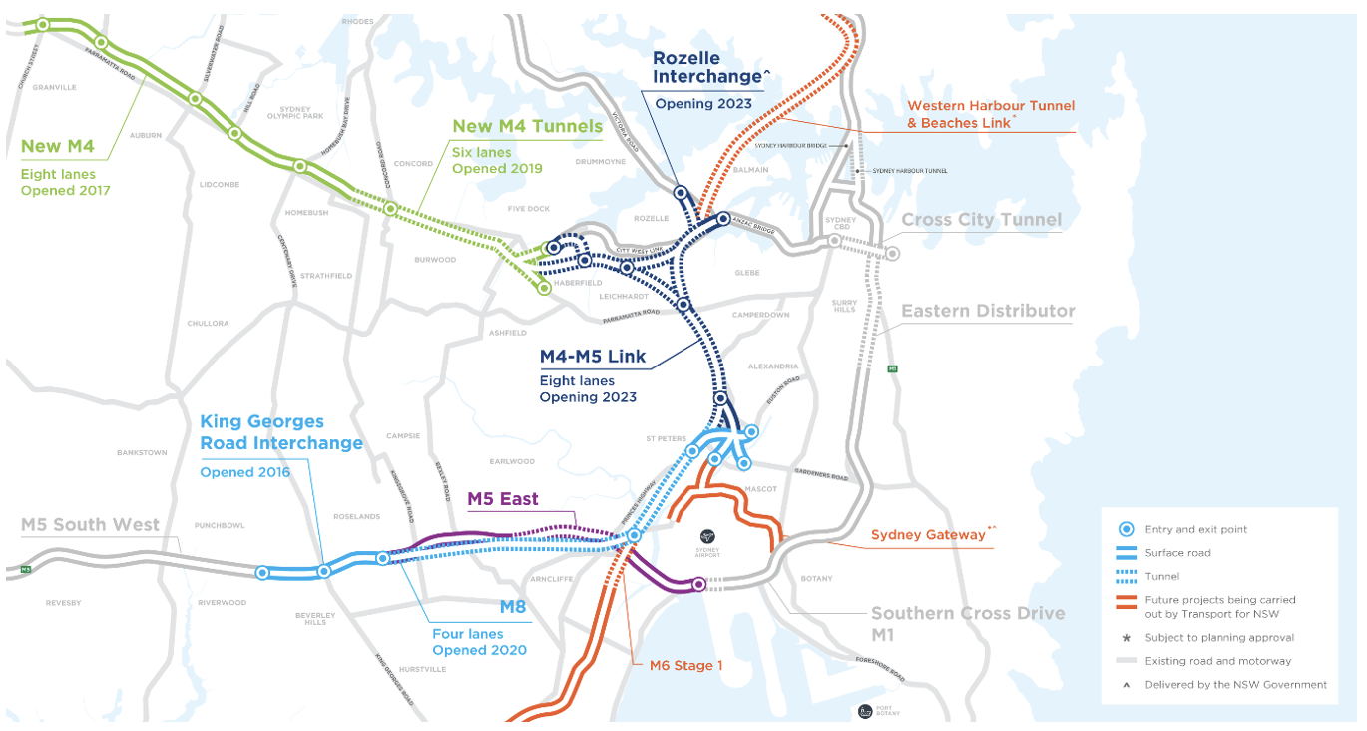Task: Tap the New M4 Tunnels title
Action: (527, 126)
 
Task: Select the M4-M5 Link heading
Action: (592, 357)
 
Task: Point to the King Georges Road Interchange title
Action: (281, 432)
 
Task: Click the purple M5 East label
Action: (503, 498)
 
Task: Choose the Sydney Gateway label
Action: (927, 535)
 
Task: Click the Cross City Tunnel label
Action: (981, 220)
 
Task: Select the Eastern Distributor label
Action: (987, 311)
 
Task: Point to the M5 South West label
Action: (90, 525)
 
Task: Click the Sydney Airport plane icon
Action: (707, 535)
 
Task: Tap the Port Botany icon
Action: (865, 711)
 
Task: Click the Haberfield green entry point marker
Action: (544, 288)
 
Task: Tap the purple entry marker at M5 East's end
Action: (698, 584)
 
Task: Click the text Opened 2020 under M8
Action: (478, 651)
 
